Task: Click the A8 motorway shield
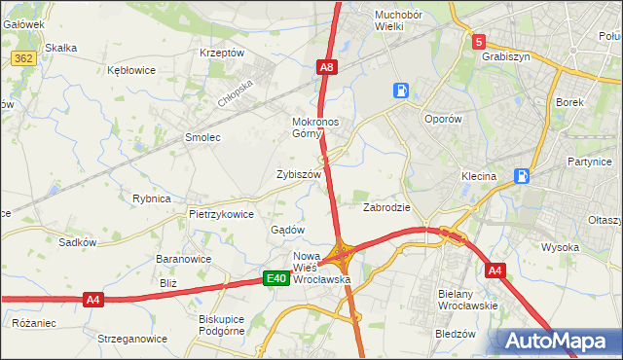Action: (x=328, y=67)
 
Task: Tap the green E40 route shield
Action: (x=276, y=279)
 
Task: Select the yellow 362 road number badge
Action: (x=24, y=59)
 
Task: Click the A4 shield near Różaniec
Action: (x=93, y=300)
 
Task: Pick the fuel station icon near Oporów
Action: (x=400, y=90)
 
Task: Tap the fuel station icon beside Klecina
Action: (x=523, y=176)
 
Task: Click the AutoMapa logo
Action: (x=554, y=342)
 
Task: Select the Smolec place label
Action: (x=203, y=138)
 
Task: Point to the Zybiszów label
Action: (x=298, y=174)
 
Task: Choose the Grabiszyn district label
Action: (x=505, y=56)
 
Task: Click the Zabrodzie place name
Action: (x=386, y=207)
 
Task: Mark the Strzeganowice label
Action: (x=131, y=339)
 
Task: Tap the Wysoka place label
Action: (x=561, y=247)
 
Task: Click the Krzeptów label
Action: (x=221, y=53)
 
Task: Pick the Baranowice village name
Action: (x=184, y=260)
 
